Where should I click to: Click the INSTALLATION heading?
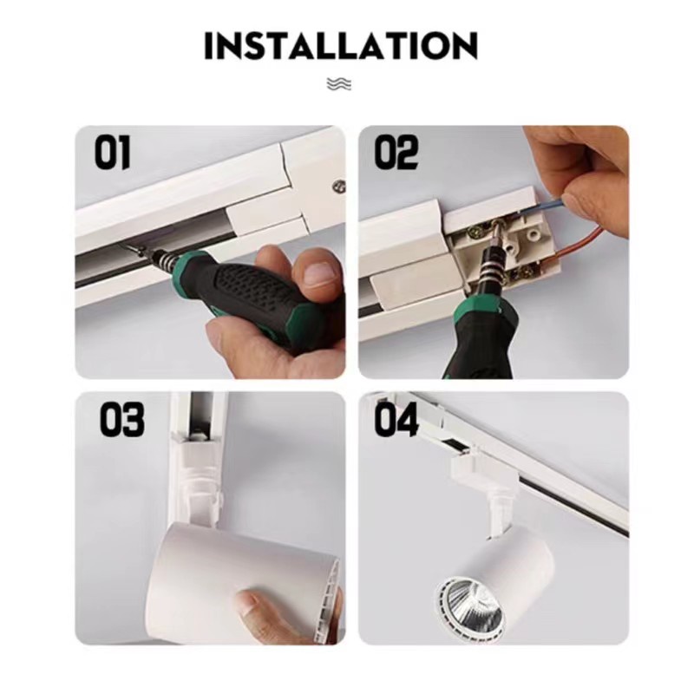pyautogui.click(x=341, y=46)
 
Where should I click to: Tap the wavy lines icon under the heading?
pyautogui.click(x=339, y=83)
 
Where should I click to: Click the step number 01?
pyautogui.click(x=113, y=153)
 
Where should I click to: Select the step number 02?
pyautogui.click(x=396, y=153)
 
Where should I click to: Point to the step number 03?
pyautogui.click(x=121, y=419)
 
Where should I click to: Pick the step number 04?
pyautogui.click(x=396, y=419)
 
